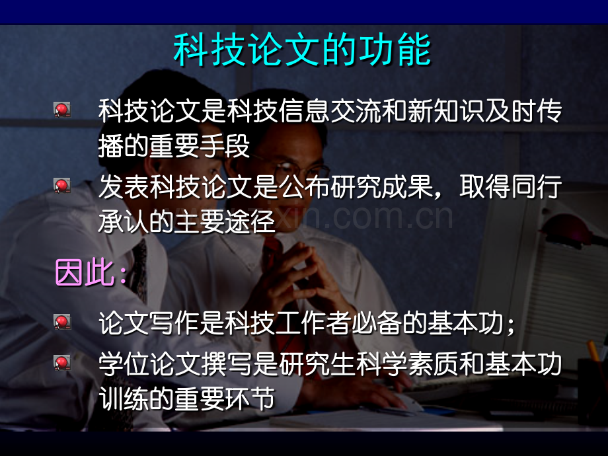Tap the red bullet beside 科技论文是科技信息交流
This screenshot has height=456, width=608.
click(x=62, y=110)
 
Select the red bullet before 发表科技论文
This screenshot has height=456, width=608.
click(x=62, y=186)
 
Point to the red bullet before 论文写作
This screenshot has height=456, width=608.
click(x=62, y=322)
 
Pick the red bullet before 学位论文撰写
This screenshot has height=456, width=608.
click(x=62, y=361)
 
